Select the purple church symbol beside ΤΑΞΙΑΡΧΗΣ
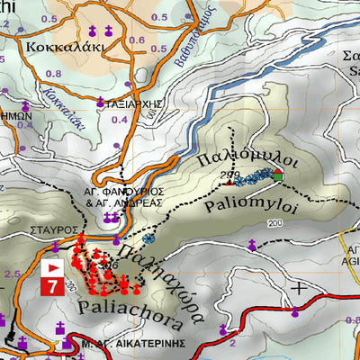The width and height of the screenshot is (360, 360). [101, 101]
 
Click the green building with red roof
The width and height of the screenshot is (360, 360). [278, 175]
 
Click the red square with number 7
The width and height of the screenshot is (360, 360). [53, 287]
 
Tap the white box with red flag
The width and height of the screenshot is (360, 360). [53, 268]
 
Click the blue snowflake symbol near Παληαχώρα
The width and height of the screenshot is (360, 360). [149, 239]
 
